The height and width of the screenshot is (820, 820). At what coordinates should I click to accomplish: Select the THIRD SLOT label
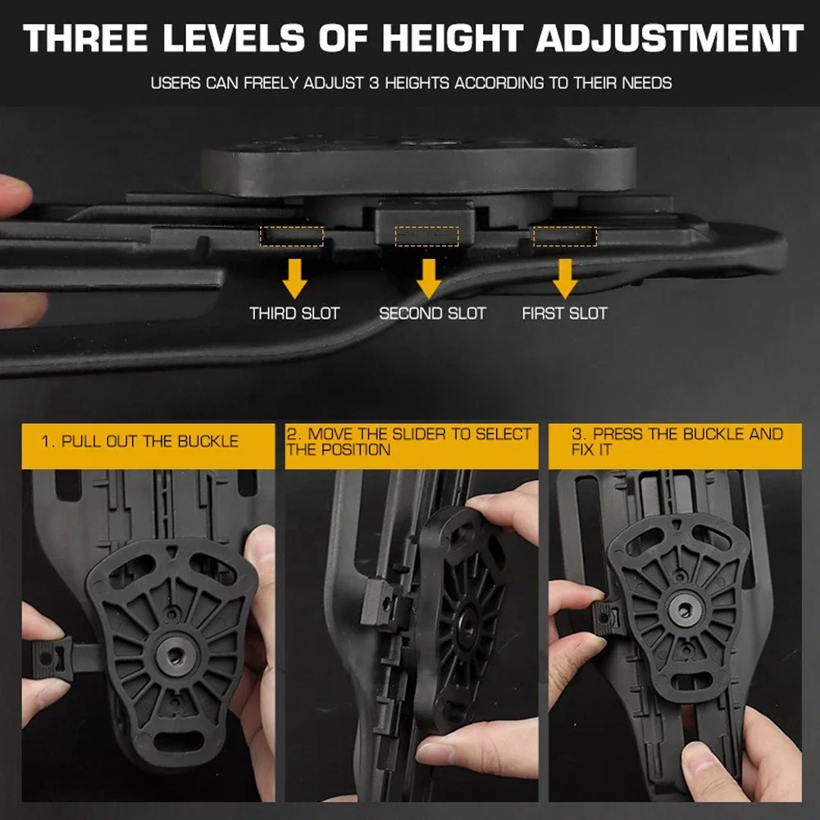tap(294, 313)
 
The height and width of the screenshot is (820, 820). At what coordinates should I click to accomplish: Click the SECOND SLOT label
tap(432, 313)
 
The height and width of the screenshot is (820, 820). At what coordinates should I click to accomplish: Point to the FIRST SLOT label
tap(565, 313)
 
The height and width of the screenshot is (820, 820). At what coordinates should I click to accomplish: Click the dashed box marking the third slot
tap(292, 237)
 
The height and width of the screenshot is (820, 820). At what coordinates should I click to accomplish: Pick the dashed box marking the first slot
tap(565, 237)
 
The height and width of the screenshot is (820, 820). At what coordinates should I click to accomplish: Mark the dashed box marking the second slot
tap(426, 237)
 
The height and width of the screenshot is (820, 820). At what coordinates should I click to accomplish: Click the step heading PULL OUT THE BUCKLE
tap(140, 441)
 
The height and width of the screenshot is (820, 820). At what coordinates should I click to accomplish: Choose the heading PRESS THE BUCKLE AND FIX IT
tap(676, 441)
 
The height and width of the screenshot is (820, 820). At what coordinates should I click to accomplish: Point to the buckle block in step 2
tap(380, 604)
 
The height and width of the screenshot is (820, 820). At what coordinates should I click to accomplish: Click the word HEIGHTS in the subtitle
tap(416, 83)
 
